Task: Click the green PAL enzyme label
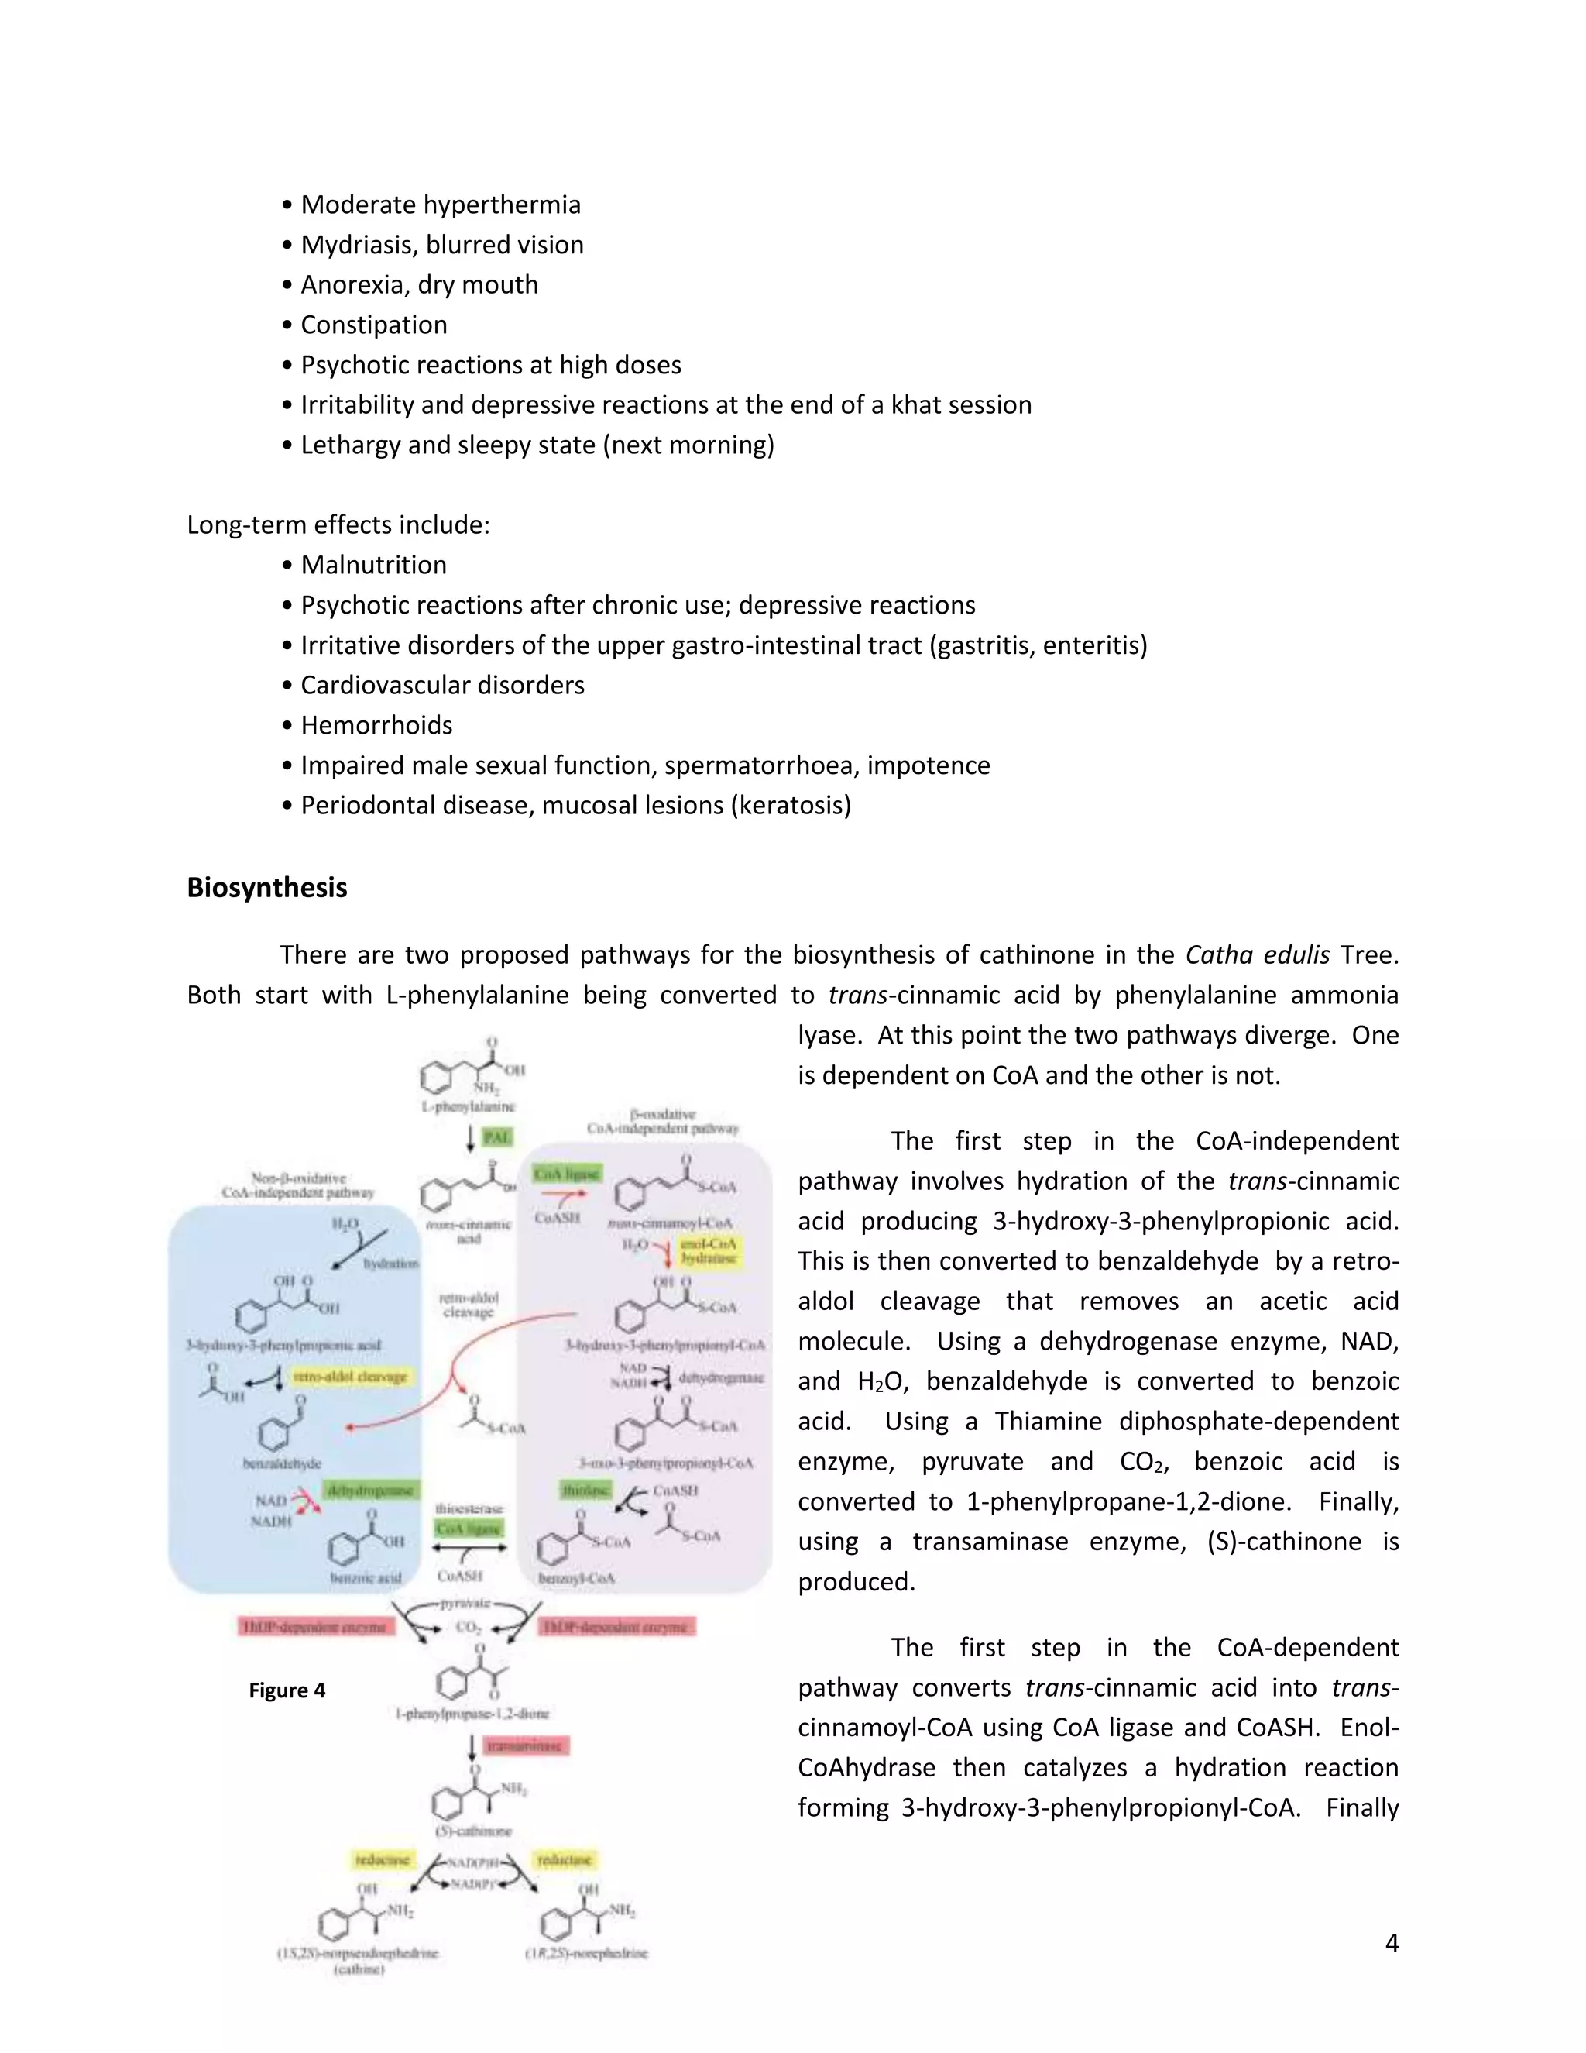coord(496,1137)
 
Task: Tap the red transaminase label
coord(526,1745)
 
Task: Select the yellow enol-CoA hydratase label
coord(709,1251)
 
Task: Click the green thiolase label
coord(585,1490)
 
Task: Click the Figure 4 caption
coord(287,1690)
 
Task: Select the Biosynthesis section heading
coord(267,887)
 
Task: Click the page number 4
coord(1392,1943)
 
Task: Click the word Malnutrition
coord(373,565)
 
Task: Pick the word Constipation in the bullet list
coord(373,325)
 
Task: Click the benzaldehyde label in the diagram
coord(282,1463)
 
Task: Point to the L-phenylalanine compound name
coord(468,1106)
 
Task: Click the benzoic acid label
coord(366,1578)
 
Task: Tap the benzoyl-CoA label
coord(576,1578)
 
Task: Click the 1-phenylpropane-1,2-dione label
coord(472,1714)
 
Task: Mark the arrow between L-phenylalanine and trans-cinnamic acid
coord(471,1138)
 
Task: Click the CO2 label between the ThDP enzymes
coord(469,1627)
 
